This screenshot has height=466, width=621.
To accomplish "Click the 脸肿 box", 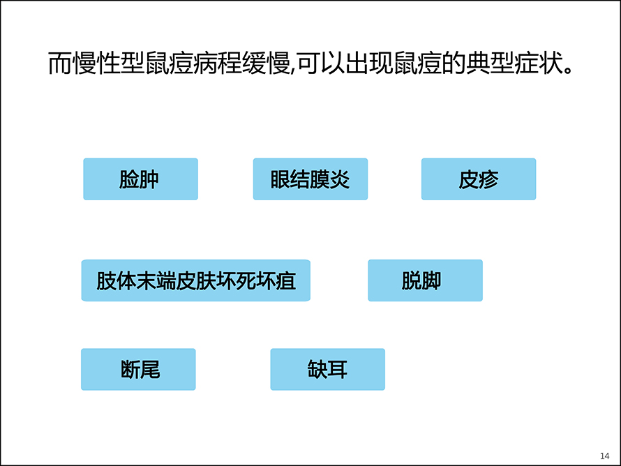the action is [140, 179].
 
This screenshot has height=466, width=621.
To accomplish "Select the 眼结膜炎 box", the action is [310, 179].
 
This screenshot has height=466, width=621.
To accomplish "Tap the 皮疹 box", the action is [479, 179].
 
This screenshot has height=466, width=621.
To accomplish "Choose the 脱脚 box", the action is [426, 280].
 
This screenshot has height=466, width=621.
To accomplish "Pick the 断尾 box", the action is [138, 370].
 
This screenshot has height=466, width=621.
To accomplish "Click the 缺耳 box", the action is [327, 370].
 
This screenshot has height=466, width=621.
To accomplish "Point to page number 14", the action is [605, 456].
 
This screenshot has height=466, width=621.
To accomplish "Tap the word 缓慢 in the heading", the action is [266, 63].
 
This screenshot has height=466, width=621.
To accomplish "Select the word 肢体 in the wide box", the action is [117, 280].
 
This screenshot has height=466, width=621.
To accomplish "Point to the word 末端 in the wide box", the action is [156, 280].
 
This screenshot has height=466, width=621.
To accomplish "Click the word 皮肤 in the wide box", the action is [196, 280].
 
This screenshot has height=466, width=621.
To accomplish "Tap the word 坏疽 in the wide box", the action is [276, 280].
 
